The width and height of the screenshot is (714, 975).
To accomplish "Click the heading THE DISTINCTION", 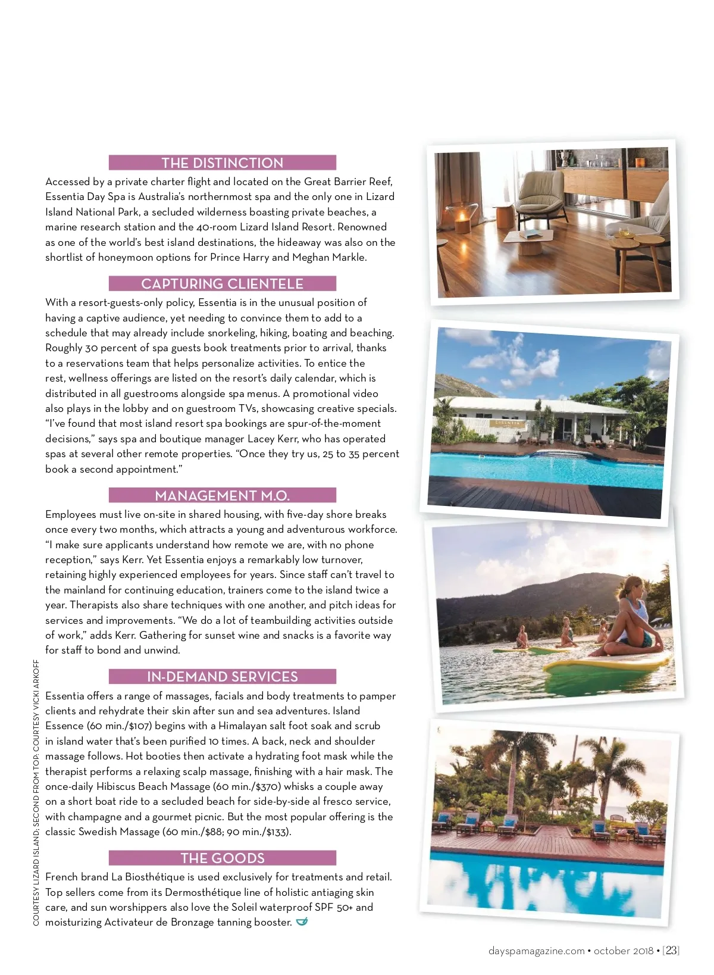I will [222, 162].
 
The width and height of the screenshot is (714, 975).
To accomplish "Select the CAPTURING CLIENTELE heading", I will [222, 283].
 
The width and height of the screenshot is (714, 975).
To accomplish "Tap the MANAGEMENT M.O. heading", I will [222, 495].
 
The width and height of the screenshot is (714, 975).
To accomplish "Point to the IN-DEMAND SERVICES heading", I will [222, 677].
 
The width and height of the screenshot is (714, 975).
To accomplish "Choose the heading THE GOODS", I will [222, 858].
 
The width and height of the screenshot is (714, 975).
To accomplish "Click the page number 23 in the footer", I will [672, 951].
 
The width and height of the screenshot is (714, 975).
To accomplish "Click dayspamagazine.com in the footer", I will [536, 951].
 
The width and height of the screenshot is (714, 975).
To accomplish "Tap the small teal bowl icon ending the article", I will [302, 922].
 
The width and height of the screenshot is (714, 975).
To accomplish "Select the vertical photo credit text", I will [36, 792].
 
